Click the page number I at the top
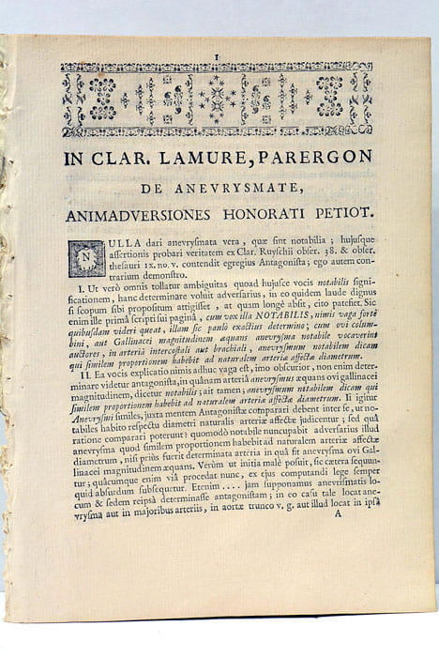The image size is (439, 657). click(217, 57)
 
